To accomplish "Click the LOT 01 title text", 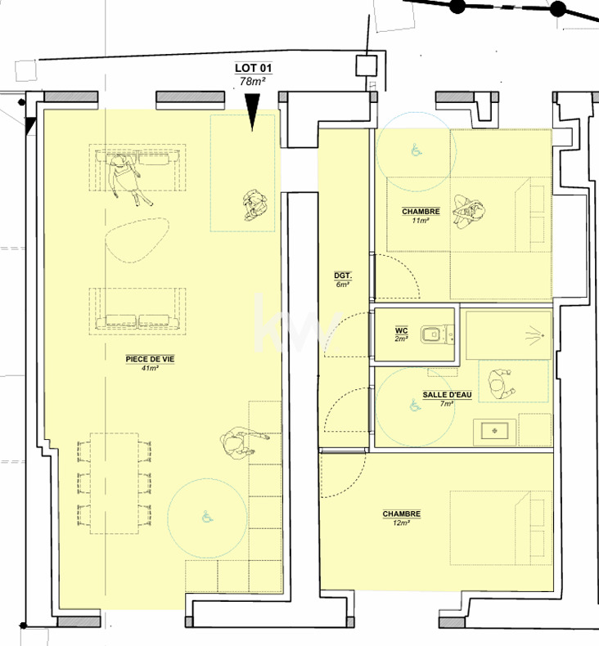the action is coord(253,68).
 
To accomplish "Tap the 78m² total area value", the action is coord(252,81).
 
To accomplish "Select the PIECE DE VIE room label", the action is coord(150,359).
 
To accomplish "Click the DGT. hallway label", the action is coord(343,276).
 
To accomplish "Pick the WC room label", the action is coord(402,331).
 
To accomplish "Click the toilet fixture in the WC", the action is coord(438,334).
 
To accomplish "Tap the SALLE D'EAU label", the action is coord(447,395).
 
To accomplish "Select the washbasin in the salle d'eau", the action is coord(495,432).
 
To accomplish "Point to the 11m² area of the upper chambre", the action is coord(421,221).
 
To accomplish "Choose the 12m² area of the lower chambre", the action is coord(401,523).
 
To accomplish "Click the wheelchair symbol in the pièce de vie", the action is coord(207,517).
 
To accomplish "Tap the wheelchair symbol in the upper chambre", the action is coord(417,150).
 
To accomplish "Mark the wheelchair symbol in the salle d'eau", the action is coord(415,406).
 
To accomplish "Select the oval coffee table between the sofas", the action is coord(137,240).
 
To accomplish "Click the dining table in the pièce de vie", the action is coord(115,483).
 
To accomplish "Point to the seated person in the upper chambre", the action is coord(468,211).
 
